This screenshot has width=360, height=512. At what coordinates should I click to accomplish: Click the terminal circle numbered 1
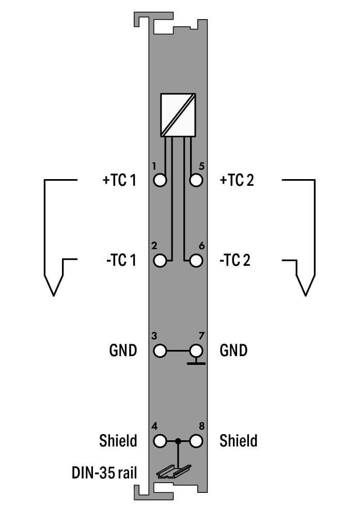point(160,180)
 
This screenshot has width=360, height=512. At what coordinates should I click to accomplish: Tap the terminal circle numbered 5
point(196,180)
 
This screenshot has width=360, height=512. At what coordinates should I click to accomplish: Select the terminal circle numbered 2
point(160,260)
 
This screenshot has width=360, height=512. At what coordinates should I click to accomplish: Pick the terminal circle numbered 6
point(196,260)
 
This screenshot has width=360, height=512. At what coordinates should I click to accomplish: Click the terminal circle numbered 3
point(160,351)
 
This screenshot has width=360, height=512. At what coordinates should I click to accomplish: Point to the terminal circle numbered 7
point(196,351)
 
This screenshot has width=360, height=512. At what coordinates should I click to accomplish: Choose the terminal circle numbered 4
point(160,441)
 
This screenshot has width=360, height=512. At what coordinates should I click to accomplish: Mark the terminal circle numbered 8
point(196,441)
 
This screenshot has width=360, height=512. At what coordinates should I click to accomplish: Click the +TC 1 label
point(119,181)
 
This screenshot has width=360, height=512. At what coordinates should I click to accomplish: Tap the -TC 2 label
point(235,261)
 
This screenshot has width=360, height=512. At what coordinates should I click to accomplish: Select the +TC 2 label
point(237,181)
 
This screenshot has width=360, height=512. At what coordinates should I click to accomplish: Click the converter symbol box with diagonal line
point(178,115)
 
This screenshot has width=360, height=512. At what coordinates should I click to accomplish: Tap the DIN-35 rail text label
point(104,472)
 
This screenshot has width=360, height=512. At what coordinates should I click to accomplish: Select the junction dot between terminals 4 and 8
point(178,441)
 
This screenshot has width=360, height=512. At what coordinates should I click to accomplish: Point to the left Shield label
point(118,441)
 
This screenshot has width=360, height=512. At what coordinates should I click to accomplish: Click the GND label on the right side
point(233,351)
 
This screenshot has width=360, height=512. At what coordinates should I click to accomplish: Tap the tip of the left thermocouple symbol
point(53,295)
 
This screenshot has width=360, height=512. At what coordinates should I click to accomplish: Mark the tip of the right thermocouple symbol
point(306,295)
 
